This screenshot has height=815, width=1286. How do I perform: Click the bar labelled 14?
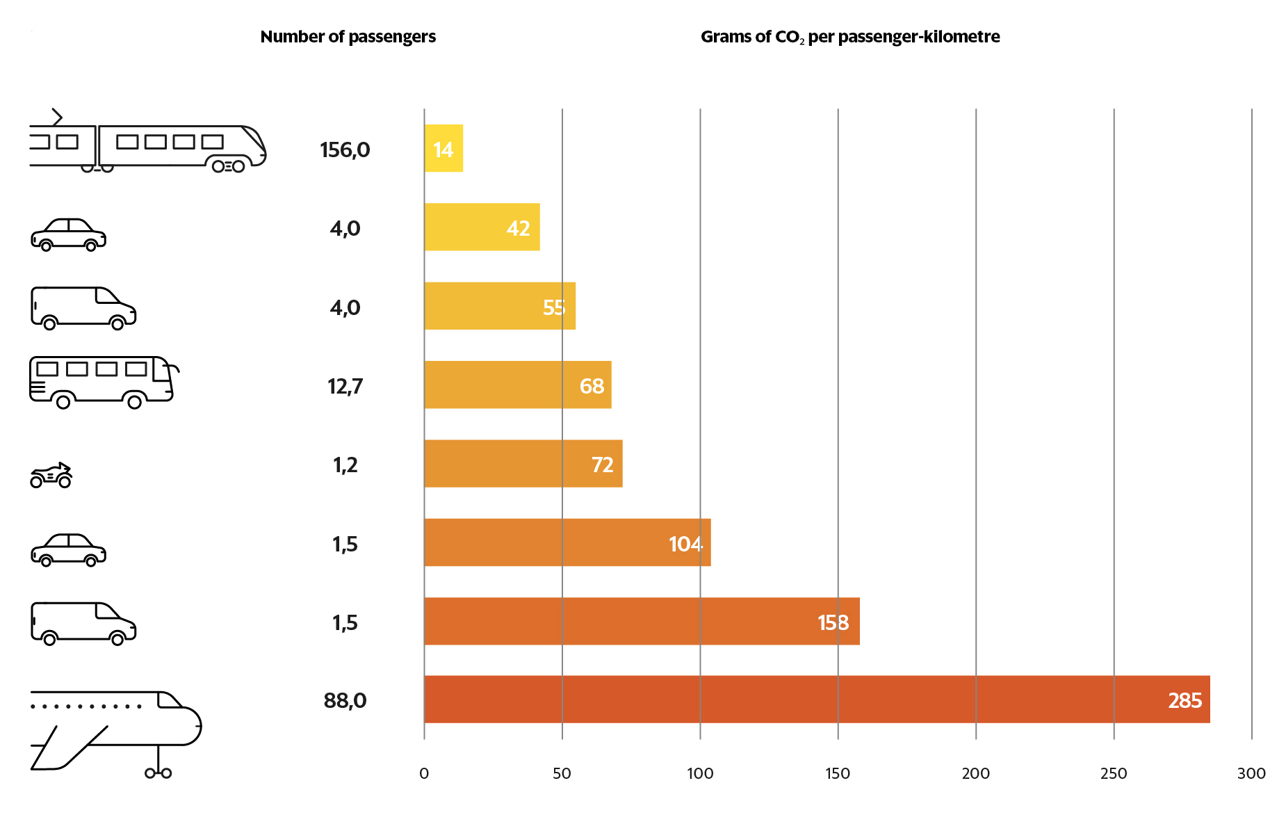[443, 148]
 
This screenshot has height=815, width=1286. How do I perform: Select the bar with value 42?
[482, 227]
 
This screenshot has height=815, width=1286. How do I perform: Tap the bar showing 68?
[517, 385]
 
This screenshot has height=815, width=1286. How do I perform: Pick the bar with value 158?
[641, 621]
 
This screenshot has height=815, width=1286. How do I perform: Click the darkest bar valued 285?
[816, 700]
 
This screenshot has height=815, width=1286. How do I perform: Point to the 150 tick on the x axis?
[838, 773]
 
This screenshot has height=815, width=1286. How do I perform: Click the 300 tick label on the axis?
[1251, 773]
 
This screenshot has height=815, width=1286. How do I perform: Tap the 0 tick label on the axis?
[424, 773]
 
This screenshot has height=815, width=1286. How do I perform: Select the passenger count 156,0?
[345, 150]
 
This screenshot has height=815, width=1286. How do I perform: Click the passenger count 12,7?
[345, 386]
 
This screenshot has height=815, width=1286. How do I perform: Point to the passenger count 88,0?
[345, 700]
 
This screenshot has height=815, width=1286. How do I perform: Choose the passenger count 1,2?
[345, 465]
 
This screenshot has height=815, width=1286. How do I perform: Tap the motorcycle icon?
[51, 476]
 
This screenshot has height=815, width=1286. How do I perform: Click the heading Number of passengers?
[348, 37]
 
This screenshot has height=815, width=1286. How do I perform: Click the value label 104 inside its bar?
[685, 544]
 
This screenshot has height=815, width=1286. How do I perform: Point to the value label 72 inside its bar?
[602, 465]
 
